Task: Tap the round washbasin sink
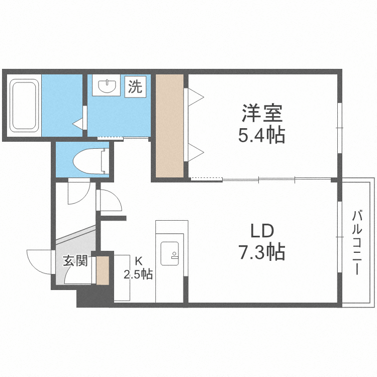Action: pos(108,86)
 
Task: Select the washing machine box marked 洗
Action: pos(134,86)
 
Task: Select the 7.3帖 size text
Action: pos(262,251)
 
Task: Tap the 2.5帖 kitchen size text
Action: pos(139,274)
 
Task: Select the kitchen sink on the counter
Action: pos(169,253)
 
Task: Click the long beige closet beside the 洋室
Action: pos(169,126)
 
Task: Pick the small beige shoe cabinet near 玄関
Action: pos(103,270)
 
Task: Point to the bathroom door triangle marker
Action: pos(78,122)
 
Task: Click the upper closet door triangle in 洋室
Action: pos(196,96)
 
